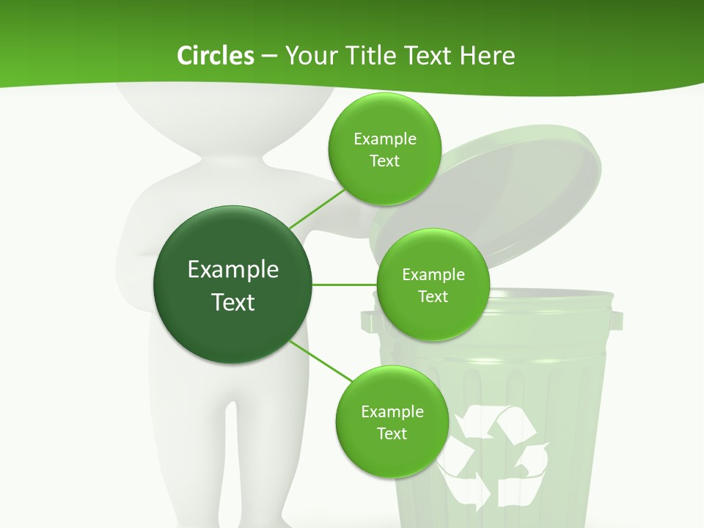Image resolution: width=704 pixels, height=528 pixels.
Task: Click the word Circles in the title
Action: pyautogui.click(x=215, y=56)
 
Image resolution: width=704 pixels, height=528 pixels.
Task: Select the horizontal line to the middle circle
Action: pyautogui.click(x=344, y=285)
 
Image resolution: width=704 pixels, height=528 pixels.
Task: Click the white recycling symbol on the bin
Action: pyautogui.click(x=491, y=455)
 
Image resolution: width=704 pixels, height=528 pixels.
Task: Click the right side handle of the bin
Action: pyautogui.click(x=616, y=320)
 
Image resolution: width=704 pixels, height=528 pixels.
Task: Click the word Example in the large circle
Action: pyautogui.click(x=233, y=270)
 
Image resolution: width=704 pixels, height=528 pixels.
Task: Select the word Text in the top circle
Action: pyautogui.click(x=384, y=161)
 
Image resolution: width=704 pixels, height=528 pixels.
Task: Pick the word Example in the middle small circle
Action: pyautogui.click(x=433, y=275)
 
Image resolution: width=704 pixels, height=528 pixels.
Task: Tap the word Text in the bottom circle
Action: pyautogui.click(x=392, y=433)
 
